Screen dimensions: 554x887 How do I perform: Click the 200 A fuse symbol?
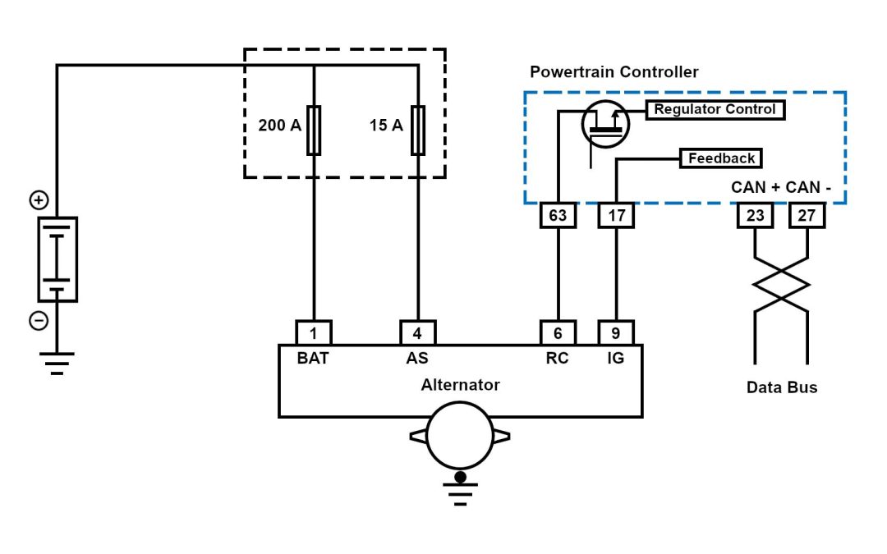[314, 130]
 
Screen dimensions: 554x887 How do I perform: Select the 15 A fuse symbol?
[418, 130]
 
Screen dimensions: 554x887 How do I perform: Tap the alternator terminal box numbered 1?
[314, 333]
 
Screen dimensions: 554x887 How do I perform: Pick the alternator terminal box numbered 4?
[418, 333]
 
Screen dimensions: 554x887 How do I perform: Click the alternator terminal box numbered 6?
[558, 333]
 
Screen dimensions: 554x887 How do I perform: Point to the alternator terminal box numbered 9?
[616, 333]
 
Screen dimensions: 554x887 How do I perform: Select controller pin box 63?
[558, 217]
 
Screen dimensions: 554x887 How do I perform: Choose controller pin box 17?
[616, 217]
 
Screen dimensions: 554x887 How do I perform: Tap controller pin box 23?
[755, 217]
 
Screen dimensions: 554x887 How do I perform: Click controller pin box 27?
[807, 217]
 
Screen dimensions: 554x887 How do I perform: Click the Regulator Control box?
[715, 109]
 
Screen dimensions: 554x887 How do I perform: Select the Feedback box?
[721, 158]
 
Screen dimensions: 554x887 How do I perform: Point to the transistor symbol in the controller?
[606, 125]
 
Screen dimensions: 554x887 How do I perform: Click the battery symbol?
[57, 259]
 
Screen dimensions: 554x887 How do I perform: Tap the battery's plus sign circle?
[39, 199]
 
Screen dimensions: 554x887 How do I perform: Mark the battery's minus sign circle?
[39, 321]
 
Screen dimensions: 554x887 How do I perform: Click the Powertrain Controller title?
[614, 72]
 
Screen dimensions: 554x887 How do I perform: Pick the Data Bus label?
[782, 387]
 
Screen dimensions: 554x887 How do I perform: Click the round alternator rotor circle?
[460, 439]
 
